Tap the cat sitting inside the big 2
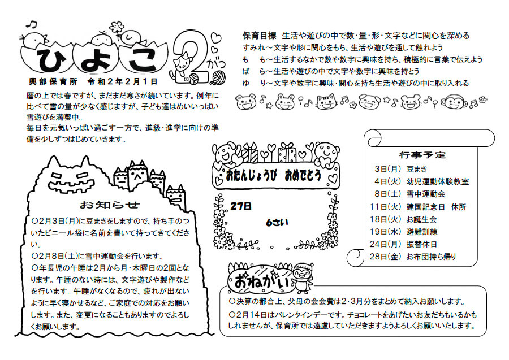[x=183, y=66]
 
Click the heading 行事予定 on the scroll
[x=422, y=155]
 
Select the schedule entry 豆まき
[x=417, y=169]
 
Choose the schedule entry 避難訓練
[x=422, y=232]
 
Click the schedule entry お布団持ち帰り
[x=431, y=257]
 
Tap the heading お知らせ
[x=110, y=205]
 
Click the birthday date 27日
[x=241, y=206]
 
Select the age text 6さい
[x=277, y=223]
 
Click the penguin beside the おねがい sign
[x=303, y=277]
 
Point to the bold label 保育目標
[x=260, y=35]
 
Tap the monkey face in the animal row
[x=455, y=102]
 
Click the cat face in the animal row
[x=326, y=102]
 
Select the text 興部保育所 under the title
[x=53, y=81]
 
